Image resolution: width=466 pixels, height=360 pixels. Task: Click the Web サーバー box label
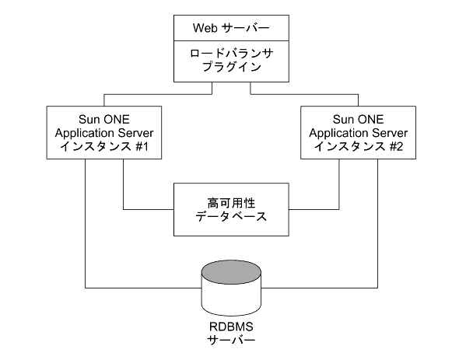231,28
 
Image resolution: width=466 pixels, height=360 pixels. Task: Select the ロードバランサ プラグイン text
232,60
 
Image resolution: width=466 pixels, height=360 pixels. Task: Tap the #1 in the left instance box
142,147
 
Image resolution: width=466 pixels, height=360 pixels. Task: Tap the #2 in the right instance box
396,147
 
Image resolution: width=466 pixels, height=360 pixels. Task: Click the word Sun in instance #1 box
88,120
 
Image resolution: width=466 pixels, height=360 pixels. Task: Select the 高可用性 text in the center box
231,204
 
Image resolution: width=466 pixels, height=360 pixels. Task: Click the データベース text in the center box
231,216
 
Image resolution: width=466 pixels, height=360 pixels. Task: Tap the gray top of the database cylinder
231,272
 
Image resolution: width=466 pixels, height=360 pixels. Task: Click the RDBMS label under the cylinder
231,327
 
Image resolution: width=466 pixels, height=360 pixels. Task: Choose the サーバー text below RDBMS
231,340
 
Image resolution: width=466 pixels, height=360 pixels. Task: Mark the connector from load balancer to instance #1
158,94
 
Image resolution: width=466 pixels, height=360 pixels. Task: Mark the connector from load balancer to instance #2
304,94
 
